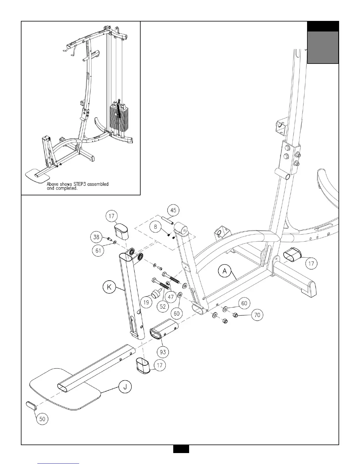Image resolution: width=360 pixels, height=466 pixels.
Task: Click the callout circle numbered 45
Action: [x=174, y=210]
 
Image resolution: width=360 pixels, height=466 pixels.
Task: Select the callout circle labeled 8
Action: [x=156, y=227]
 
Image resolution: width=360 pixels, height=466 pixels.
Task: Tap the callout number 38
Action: [x=96, y=237]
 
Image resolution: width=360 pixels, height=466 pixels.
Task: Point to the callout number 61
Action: [x=98, y=250]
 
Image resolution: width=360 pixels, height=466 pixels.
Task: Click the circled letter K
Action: [x=109, y=287]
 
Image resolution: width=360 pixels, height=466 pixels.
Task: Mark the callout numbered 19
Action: [x=146, y=302]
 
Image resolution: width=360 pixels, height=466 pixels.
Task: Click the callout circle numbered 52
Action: [x=163, y=306]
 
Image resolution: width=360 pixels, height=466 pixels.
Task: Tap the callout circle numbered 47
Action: [x=171, y=297]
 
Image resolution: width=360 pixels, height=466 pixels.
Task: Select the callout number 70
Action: [x=257, y=315]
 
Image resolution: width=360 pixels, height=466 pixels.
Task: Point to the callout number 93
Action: [x=163, y=352]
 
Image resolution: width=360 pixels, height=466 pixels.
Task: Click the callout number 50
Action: [x=42, y=419]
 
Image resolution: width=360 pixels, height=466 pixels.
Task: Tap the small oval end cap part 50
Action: [x=31, y=405]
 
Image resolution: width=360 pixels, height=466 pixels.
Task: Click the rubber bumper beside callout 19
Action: [x=155, y=293]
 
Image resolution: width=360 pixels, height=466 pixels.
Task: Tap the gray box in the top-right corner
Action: [x=323, y=47]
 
